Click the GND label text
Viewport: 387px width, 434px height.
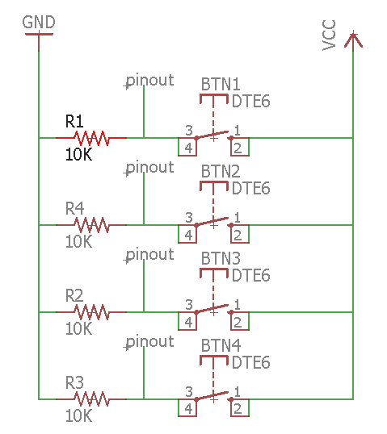pos(39,22)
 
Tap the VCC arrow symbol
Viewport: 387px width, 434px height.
pos(353,40)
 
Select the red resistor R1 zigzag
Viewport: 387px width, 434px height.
pos(91,138)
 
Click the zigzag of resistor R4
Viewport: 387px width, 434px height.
pos(91,225)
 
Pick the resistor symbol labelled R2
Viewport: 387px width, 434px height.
pos(91,312)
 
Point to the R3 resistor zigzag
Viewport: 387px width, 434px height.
pos(91,399)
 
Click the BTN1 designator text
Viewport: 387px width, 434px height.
pos(221,84)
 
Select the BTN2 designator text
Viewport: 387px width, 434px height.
pos(221,171)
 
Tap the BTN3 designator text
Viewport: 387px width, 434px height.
pos(221,258)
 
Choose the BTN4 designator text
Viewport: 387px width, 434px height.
pos(221,346)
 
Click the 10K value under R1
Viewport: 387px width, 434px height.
pos(78,154)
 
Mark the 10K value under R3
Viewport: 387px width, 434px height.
pos(78,415)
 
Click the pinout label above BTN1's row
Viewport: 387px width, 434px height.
pos(150,81)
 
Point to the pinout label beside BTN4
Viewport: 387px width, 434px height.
pos(150,342)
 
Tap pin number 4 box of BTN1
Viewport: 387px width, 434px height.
pos(187,147)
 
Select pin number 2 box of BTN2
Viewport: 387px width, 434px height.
pos(240,234)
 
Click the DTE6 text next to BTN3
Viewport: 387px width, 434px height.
pos(250,275)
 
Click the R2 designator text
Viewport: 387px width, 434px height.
pos(74,295)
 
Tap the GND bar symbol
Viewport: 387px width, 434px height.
pos(39,35)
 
